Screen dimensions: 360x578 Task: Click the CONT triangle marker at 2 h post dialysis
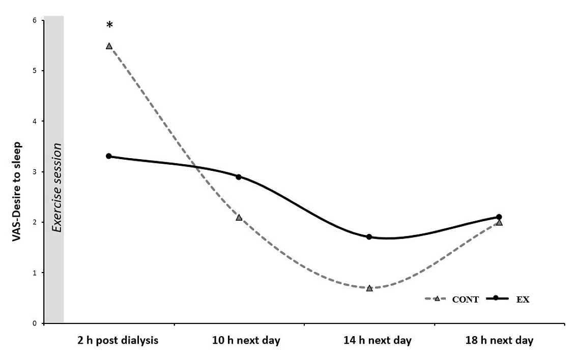pyautogui.click(x=109, y=46)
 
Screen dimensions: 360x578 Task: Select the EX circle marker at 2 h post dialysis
pyautogui.click(x=109, y=156)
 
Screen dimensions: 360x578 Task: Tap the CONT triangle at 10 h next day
pyautogui.click(x=239, y=217)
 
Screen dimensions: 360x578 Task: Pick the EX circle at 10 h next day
pyautogui.click(x=239, y=177)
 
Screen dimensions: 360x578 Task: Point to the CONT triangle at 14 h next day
pyautogui.click(x=369, y=288)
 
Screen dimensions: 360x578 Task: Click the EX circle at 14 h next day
pyautogui.click(x=369, y=237)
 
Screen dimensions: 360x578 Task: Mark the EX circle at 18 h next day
pyautogui.click(x=499, y=217)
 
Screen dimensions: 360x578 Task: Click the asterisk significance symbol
pyautogui.click(x=109, y=25)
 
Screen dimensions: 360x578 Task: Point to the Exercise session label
pyautogui.click(x=57, y=187)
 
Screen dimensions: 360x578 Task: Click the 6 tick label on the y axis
pyautogui.click(x=34, y=20)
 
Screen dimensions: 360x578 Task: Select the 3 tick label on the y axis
pyautogui.click(x=34, y=172)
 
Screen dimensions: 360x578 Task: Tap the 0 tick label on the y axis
pyautogui.click(x=34, y=323)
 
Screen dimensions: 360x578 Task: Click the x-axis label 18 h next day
pyautogui.click(x=499, y=341)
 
